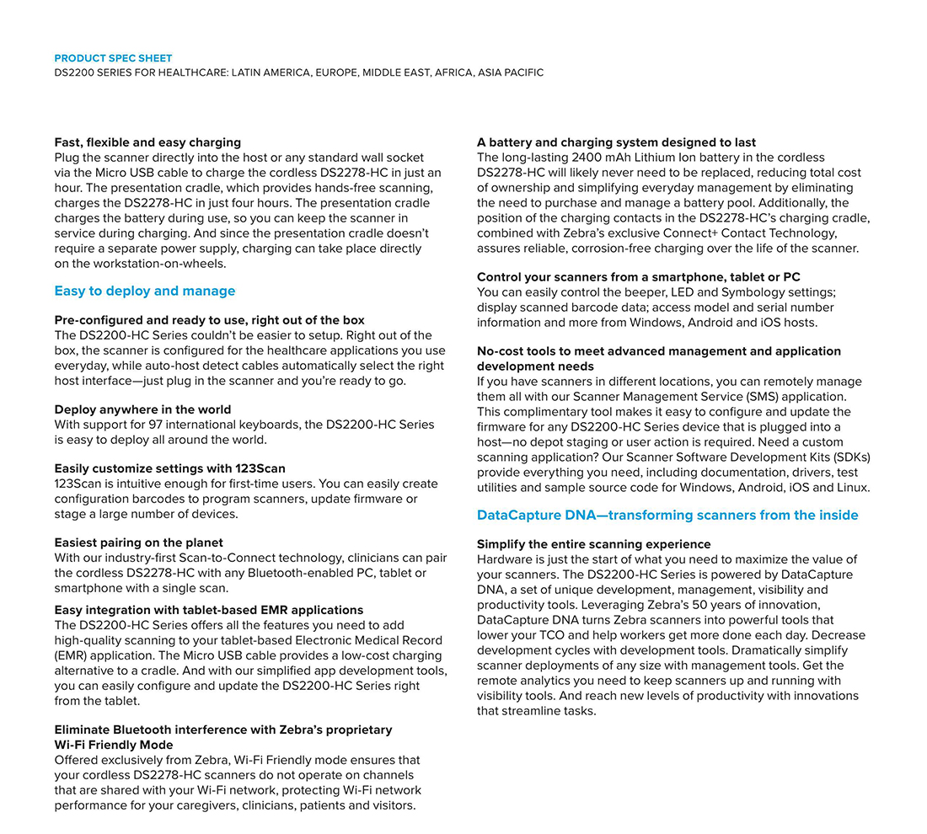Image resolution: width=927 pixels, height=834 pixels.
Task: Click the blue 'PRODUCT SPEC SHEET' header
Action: (113, 58)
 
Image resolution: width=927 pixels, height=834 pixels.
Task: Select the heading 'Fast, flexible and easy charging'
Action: (147, 142)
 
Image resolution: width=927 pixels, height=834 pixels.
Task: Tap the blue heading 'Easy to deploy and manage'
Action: (145, 291)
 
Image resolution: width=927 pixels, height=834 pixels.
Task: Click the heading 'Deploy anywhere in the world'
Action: (142, 409)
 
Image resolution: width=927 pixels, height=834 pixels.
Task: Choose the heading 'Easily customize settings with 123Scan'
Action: (175, 468)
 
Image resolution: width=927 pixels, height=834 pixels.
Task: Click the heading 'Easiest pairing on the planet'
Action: (138, 543)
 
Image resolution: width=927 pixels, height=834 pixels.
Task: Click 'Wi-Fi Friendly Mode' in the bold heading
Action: (114, 745)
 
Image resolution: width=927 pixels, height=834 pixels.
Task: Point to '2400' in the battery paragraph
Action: (587, 158)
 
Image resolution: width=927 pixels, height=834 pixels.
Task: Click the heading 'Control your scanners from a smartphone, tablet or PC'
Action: (638, 277)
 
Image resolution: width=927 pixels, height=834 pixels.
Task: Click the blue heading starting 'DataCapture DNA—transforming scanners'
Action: (667, 516)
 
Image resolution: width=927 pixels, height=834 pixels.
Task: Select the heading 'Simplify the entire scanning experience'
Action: (593, 544)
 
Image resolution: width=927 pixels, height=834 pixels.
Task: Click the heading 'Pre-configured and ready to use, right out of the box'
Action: (209, 320)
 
